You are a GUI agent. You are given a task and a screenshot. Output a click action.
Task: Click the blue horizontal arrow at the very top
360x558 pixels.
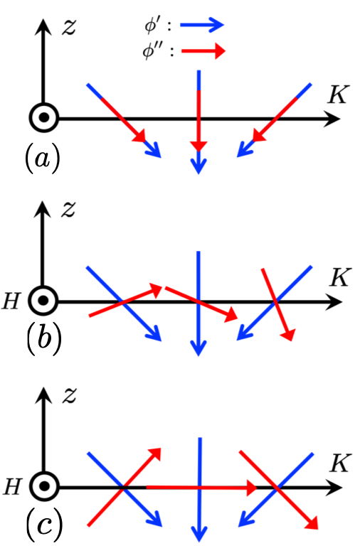tap(202, 26)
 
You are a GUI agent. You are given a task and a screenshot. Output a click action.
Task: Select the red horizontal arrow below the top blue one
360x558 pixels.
tap(203, 51)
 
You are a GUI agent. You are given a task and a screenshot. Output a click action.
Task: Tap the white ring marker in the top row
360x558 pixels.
tap(44, 117)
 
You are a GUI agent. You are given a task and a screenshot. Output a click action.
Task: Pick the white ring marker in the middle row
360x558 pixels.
tap(43, 301)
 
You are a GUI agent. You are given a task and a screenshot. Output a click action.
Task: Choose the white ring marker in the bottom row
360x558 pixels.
tap(44, 486)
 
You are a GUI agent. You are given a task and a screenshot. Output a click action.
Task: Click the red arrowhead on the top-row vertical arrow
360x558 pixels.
tap(198, 146)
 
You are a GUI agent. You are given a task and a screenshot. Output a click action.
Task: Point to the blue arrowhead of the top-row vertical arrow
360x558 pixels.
tap(198, 168)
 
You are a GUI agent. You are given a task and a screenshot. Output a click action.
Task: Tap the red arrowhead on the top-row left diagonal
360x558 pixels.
tap(139, 136)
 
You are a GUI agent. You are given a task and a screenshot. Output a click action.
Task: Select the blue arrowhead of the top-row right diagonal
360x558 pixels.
tap(243, 151)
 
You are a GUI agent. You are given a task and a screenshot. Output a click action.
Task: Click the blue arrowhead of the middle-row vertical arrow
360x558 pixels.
tap(198, 349)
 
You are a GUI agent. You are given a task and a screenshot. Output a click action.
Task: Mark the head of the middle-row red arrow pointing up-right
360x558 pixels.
tap(156, 289)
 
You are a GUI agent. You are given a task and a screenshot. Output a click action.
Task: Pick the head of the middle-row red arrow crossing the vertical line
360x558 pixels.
tap(231, 316)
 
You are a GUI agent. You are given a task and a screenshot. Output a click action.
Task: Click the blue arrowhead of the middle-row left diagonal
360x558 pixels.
tap(154, 335)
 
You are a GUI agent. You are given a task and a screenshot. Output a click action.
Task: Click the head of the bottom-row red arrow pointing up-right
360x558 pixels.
tap(155, 454)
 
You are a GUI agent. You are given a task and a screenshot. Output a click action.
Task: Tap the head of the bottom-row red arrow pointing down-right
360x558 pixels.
tap(312, 524)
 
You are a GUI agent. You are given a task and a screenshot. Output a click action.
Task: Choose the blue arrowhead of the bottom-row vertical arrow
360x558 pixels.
tap(199, 535)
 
